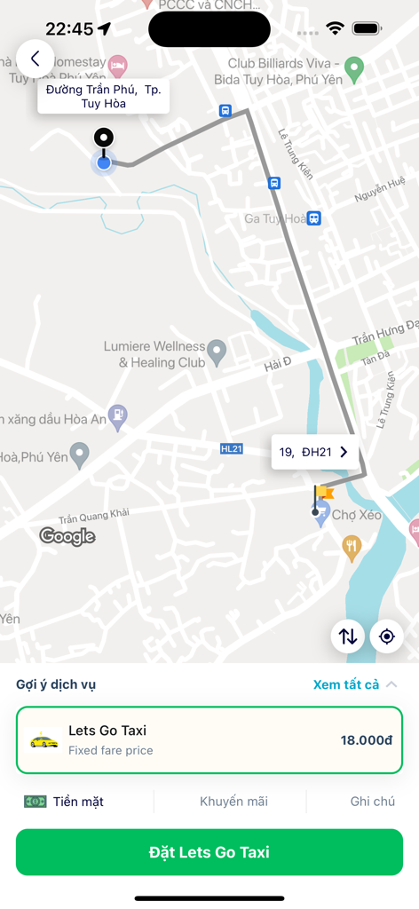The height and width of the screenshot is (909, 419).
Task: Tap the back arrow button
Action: point(36,59)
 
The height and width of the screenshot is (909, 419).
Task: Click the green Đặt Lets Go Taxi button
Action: point(209,852)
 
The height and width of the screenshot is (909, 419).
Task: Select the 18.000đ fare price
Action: point(366,740)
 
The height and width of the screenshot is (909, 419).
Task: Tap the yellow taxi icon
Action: point(44,739)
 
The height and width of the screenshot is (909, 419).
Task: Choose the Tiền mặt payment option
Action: point(65,802)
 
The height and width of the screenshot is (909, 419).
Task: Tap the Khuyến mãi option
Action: point(233,802)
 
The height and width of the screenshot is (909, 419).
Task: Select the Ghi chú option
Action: point(372,802)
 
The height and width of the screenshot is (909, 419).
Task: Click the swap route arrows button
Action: point(348,636)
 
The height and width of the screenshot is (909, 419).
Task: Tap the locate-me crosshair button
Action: point(387,636)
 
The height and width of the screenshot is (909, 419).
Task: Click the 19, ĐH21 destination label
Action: point(314,453)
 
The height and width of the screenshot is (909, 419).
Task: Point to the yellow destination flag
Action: point(323,492)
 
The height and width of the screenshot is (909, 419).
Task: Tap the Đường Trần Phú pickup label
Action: point(103,96)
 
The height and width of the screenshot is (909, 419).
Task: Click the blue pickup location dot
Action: point(104,162)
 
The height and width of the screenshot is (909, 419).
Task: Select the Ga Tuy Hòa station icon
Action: point(313,218)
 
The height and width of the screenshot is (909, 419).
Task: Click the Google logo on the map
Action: point(67,536)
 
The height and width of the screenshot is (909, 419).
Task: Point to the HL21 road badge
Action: point(231,449)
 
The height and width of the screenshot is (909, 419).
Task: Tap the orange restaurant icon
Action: point(352,546)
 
